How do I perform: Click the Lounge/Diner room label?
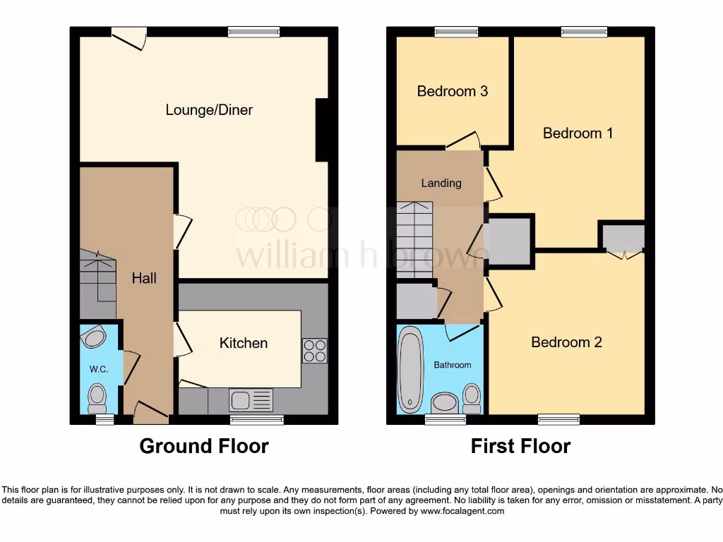coord(209,110)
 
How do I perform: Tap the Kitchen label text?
coord(244,343)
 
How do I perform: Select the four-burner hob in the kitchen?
coord(315,351)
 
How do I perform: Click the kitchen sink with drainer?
coord(251,400)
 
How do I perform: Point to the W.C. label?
coord(98,369)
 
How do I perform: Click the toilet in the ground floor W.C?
coord(97,399)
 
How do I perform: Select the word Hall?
coord(144,278)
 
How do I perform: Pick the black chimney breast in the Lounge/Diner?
coord(321,130)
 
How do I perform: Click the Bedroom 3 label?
coord(452,91)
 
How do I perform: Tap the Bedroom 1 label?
coord(578,133)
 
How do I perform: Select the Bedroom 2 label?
coord(566,342)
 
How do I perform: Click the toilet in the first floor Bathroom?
coord(471,397)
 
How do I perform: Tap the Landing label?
coord(441,183)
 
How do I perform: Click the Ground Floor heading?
coord(203,446)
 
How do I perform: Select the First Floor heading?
coord(521,446)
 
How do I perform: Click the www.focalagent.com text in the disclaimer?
coord(462,511)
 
